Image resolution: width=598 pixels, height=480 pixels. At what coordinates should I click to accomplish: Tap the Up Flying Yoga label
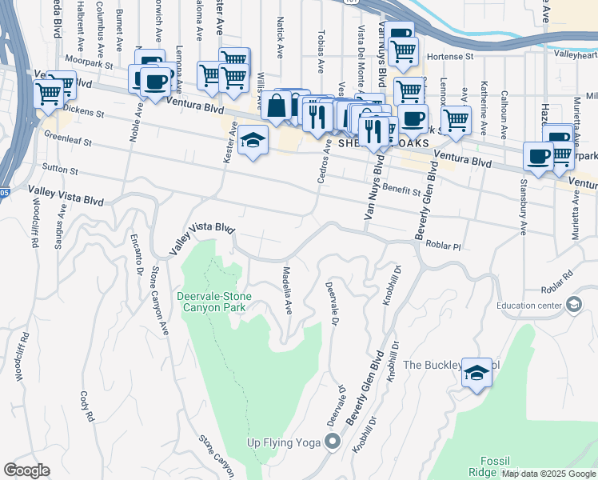[283, 442]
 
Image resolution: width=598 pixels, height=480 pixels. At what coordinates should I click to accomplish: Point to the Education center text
[528, 305]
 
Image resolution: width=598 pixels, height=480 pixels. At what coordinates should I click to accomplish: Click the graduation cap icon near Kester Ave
[253, 141]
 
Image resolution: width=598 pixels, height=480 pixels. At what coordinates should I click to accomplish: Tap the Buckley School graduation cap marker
[476, 372]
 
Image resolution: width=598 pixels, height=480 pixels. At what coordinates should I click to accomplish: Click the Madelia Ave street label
[287, 290]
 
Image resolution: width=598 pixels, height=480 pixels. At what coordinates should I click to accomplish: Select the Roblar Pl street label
[445, 246]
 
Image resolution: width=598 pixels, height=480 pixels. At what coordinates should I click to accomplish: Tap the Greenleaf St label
[67, 139]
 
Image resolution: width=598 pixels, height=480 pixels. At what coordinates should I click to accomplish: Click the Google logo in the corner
[26, 470]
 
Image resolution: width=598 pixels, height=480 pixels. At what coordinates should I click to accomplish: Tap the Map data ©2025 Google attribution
[548, 474]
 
